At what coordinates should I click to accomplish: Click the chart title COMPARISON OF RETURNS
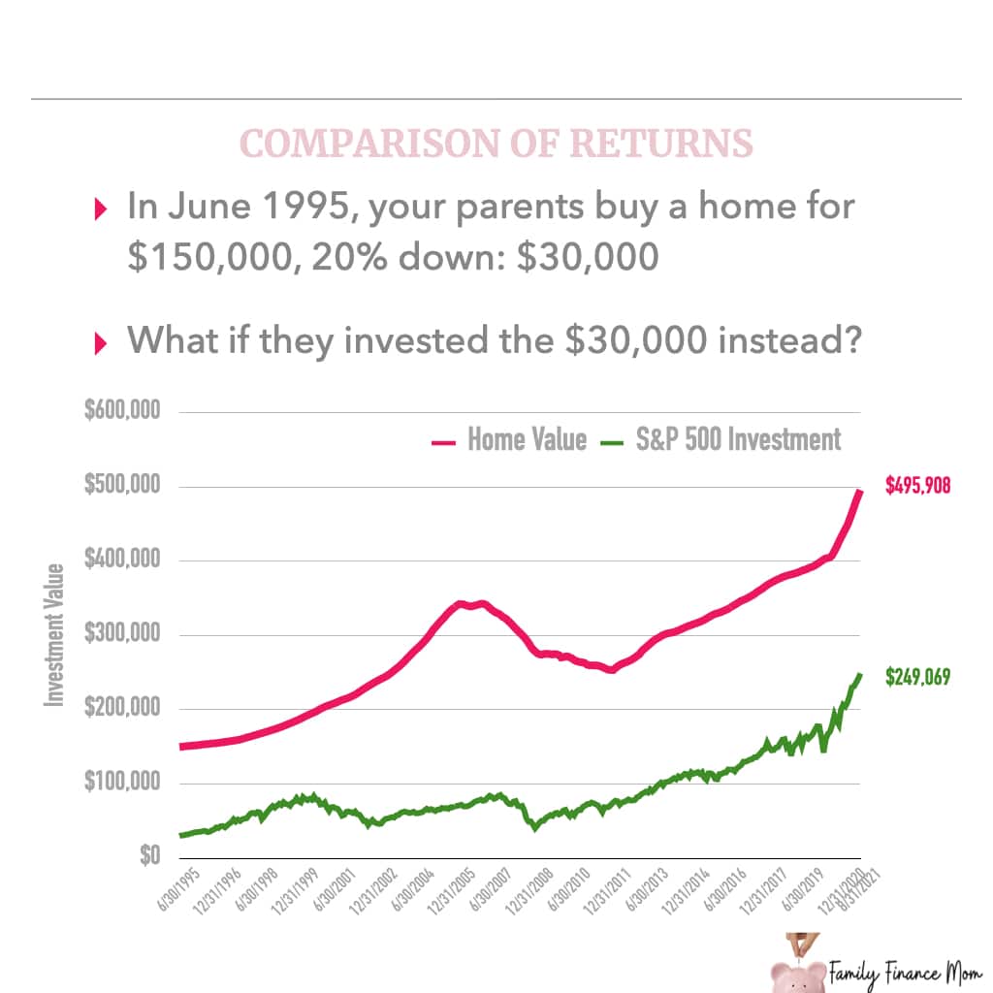tap(496, 144)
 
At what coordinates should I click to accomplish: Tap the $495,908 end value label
tap(917, 486)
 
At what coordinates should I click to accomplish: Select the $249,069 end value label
tap(917, 677)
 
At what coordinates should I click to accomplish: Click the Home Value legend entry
tap(510, 439)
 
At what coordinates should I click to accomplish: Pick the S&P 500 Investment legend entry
tap(722, 439)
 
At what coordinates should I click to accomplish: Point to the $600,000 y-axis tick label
tap(121, 411)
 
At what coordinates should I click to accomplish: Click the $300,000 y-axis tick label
tap(121, 634)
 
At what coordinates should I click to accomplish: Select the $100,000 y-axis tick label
tap(121, 783)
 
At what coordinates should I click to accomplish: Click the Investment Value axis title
tap(55, 634)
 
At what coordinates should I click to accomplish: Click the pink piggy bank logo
tap(797, 970)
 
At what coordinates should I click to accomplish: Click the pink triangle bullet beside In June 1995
tap(100, 208)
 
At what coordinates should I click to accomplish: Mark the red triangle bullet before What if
tap(100, 342)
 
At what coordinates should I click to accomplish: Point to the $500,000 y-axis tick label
tap(121, 486)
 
